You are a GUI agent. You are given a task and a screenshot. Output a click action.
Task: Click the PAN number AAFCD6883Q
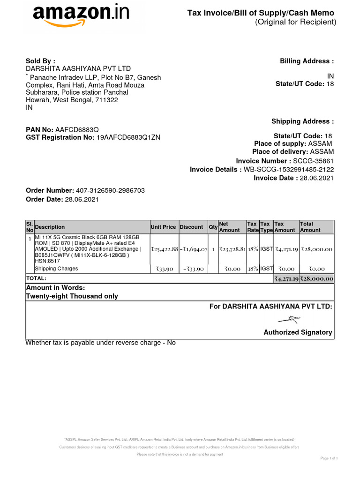(x=77, y=129)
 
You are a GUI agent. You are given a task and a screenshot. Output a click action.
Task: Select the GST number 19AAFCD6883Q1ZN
(x=128, y=137)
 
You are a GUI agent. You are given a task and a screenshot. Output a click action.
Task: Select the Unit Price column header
(x=163, y=227)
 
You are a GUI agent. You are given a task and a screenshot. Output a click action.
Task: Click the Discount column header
(x=191, y=227)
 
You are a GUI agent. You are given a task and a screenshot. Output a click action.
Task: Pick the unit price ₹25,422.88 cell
(x=164, y=249)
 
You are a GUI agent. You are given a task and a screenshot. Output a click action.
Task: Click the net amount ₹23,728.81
(x=232, y=249)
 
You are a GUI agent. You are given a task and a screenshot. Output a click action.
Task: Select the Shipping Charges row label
(x=56, y=269)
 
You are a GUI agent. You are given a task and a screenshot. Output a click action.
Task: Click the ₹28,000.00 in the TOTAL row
(x=317, y=278)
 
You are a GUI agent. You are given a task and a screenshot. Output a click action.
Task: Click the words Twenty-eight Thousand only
(x=72, y=296)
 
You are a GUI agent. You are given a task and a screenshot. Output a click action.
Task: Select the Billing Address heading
(x=307, y=61)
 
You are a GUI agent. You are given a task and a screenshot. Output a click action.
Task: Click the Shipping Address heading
(x=303, y=121)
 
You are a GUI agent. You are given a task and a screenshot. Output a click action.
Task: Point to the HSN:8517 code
(x=45, y=262)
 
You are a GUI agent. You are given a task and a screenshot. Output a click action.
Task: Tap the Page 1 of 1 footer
(x=329, y=457)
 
